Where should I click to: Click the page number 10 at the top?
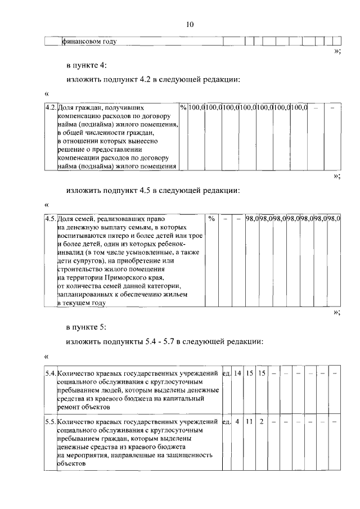(190, 24)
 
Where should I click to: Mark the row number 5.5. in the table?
(51, 421)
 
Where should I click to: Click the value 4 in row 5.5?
(237, 421)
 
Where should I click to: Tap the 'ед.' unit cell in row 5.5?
(226, 421)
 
